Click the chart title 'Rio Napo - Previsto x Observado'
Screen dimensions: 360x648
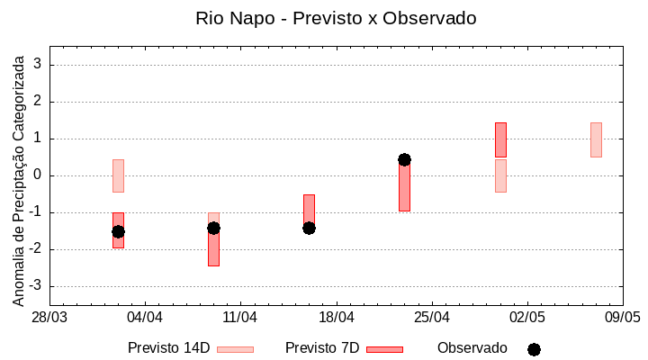(x=336, y=18)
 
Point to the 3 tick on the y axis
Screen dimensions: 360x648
(x=38, y=65)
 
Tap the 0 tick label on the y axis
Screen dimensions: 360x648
(x=38, y=175)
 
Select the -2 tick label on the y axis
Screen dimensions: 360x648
(x=35, y=249)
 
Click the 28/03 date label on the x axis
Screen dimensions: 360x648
(x=49, y=317)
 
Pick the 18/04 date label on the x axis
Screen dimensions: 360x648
(x=336, y=317)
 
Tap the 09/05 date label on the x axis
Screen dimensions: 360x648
(x=622, y=317)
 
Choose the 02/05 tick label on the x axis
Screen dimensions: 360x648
(x=527, y=317)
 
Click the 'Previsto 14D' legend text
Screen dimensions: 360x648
(x=168, y=348)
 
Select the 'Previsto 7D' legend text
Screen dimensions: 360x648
(x=322, y=348)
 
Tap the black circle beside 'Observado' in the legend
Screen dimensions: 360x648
(x=534, y=349)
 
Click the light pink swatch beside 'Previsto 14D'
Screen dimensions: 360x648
(x=235, y=349)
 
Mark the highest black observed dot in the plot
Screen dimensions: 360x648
(x=404, y=159)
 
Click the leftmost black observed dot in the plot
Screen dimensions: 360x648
(x=118, y=231)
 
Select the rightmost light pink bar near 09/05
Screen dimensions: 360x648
(x=596, y=139)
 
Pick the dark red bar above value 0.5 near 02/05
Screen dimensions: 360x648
(x=500, y=139)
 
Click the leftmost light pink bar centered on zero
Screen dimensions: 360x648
(x=118, y=175)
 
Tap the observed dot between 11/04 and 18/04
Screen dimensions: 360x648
(x=309, y=228)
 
